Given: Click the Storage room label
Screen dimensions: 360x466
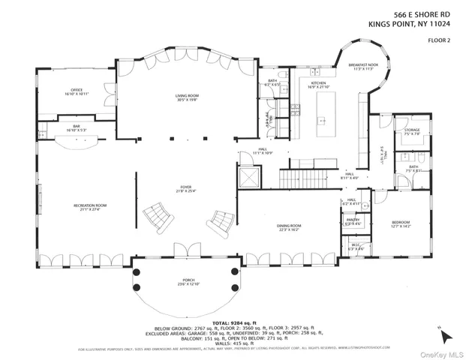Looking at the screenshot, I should [x=411, y=132].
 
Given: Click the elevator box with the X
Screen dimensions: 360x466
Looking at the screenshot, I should [x=247, y=177].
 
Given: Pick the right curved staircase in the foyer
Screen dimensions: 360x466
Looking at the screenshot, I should [x=220, y=220].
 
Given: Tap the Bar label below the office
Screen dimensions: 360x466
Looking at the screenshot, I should [x=77, y=127].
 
